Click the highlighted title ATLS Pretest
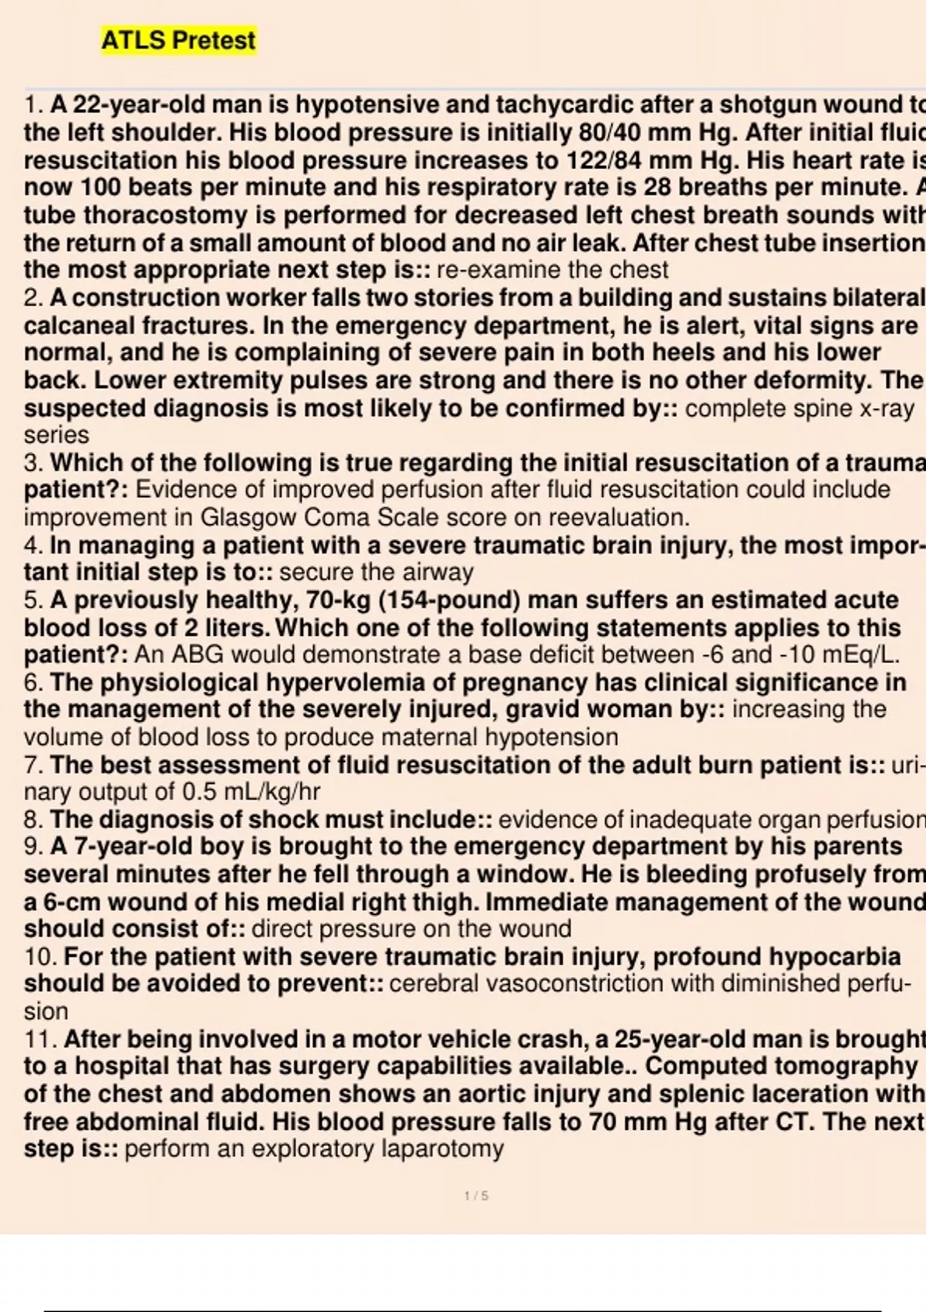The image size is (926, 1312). (x=178, y=40)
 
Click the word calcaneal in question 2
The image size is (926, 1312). (x=75, y=326)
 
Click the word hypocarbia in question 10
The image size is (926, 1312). (x=836, y=957)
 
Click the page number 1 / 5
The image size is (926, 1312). (x=476, y=1196)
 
